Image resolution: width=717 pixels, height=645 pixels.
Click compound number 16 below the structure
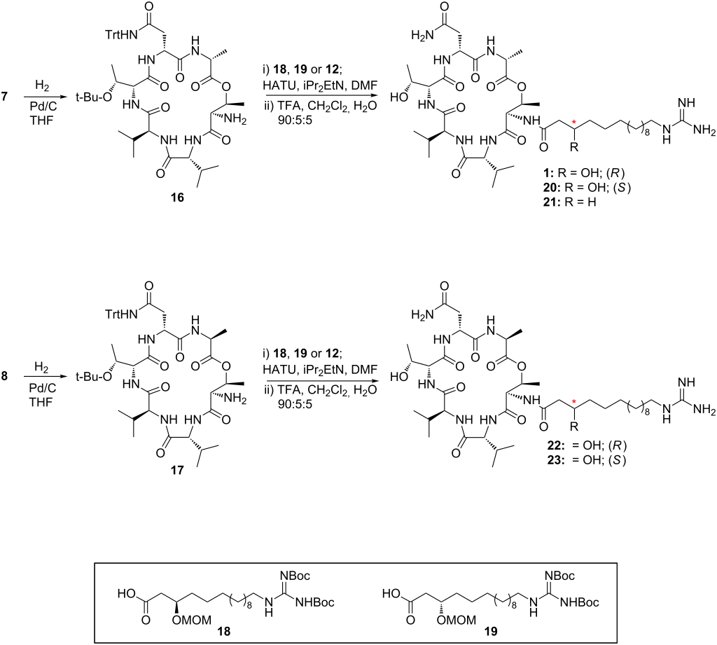[x=177, y=197]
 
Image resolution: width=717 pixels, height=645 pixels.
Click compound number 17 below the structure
[x=177, y=470]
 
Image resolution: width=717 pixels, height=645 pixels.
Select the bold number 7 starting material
[x=5, y=97]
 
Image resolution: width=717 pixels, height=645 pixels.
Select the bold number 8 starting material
[x=5, y=376]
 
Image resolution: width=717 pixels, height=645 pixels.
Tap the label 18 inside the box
[x=225, y=631]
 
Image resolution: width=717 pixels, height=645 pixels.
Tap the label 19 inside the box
[x=491, y=631]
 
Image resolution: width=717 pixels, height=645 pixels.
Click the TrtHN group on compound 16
[x=122, y=34]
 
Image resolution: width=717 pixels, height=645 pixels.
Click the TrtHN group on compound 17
[x=122, y=314]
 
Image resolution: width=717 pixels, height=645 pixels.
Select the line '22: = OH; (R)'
[x=586, y=445]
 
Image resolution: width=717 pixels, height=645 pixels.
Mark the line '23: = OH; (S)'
[x=586, y=459]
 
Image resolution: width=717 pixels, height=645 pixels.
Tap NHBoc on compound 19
[x=579, y=603]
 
